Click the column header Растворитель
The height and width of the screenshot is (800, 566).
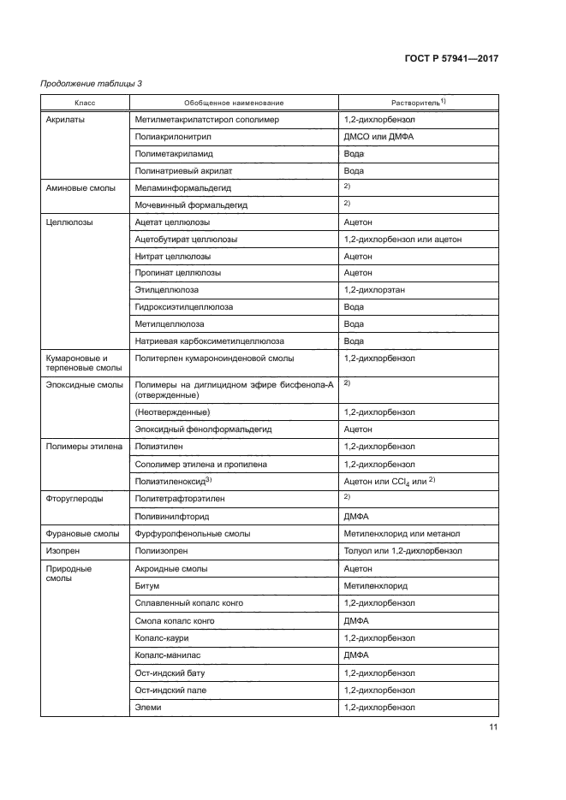tap(418, 103)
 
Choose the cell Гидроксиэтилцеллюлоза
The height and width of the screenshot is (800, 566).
tap(184, 307)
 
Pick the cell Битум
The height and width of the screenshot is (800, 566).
tap(147, 586)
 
